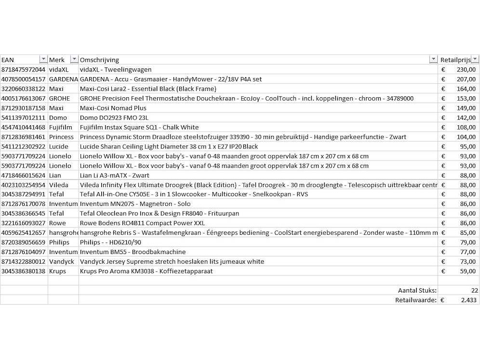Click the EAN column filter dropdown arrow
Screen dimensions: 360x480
(x=43, y=59)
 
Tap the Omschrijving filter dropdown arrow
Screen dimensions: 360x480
(x=433, y=59)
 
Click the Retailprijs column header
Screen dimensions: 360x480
(x=455, y=60)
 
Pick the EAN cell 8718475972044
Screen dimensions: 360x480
(x=23, y=69)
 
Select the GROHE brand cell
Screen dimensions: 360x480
(x=60, y=98)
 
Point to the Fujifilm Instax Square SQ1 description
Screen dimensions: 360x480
(x=139, y=127)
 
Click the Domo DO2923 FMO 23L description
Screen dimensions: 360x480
(x=114, y=118)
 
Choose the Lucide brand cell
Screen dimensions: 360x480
(x=59, y=147)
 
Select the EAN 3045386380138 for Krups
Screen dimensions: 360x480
(x=23, y=271)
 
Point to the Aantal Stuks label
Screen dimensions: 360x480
(x=417, y=291)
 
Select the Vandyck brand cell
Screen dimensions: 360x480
(x=62, y=262)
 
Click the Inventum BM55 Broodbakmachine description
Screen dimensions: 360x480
(x=133, y=252)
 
